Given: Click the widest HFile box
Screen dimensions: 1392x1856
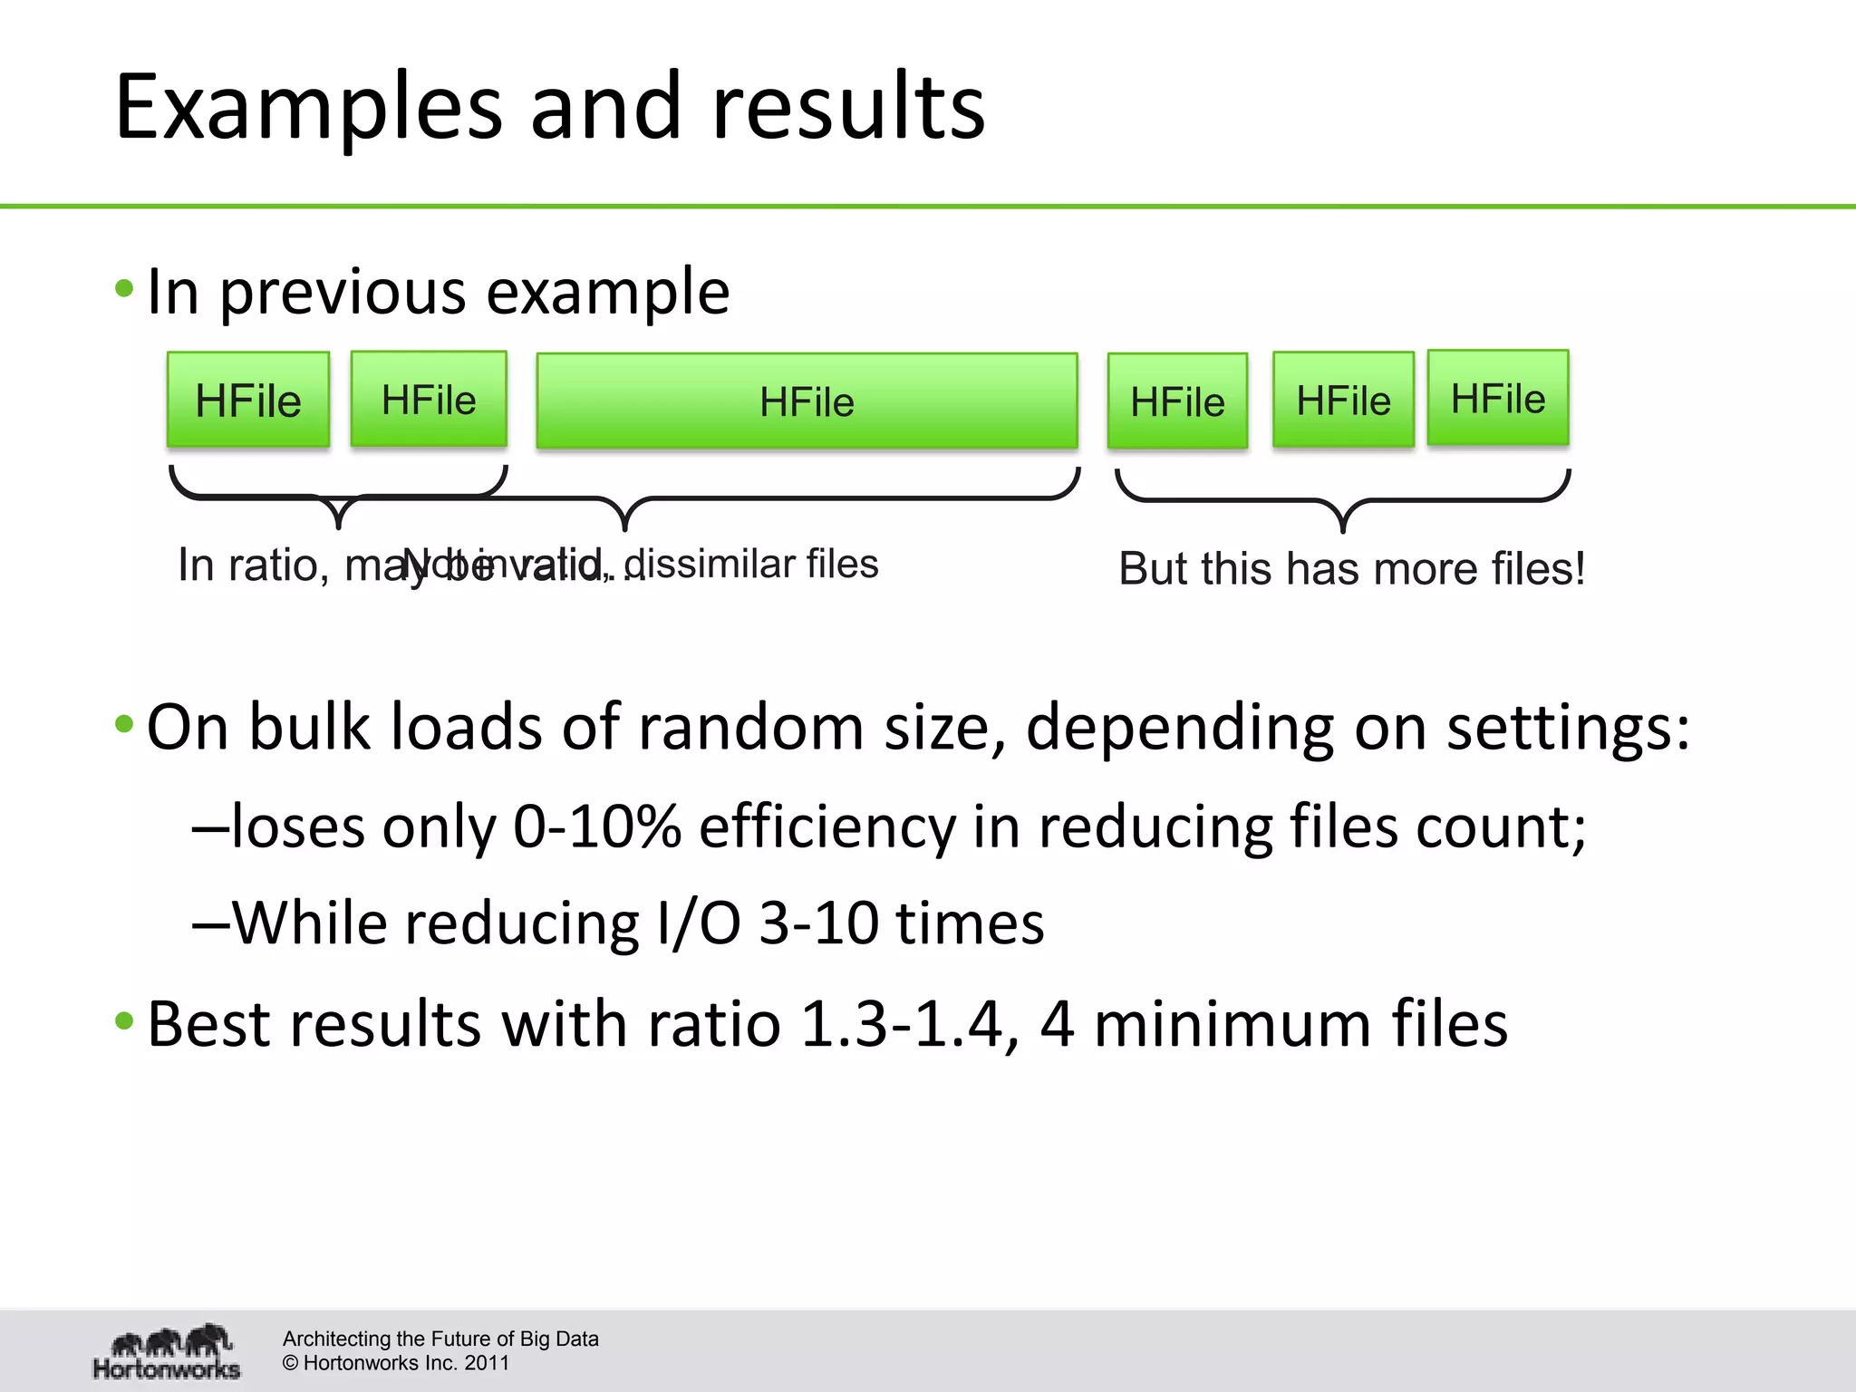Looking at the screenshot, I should (807, 401).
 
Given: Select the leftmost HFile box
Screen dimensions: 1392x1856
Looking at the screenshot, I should (248, 400).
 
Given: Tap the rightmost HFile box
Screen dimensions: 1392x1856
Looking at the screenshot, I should (1498, 398).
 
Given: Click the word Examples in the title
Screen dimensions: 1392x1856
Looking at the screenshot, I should (308, 107).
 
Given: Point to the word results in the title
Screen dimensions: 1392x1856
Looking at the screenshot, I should (848, 107).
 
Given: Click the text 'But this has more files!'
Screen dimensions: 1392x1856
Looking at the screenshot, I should (1351, 569).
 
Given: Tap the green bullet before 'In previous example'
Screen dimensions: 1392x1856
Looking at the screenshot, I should (125, 290).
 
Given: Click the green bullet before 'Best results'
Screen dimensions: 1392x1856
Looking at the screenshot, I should (125, 1022).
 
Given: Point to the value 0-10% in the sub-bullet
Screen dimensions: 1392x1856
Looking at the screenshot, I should (596, 826).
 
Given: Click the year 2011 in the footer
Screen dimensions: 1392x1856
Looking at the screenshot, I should (488, 1363).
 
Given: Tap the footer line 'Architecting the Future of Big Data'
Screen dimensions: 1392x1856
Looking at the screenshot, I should (440, 1339).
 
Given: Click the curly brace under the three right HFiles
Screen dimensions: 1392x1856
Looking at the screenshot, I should (1343, 503).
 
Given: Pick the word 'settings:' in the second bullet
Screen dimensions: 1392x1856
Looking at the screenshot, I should (1568, 727).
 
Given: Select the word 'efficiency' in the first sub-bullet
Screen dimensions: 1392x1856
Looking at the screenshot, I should (826, 826).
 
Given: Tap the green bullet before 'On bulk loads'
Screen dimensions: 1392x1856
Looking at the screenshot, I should (125, 725).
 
